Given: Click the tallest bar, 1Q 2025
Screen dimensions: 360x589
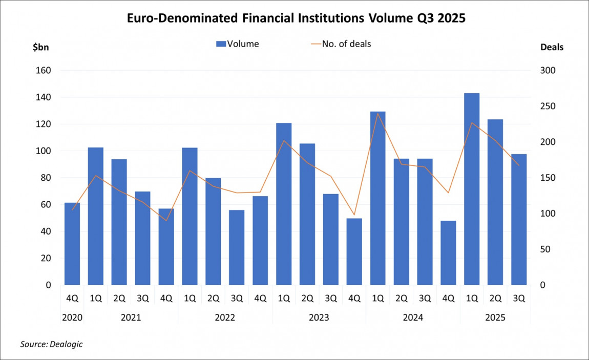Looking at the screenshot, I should click(472, 189).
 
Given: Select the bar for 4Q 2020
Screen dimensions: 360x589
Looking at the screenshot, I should click(72, 244).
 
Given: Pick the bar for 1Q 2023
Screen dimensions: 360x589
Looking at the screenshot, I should click(284, 204).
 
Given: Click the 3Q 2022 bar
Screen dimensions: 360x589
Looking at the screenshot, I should click(237, 247).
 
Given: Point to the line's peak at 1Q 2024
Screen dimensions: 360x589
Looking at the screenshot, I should click(378, 113).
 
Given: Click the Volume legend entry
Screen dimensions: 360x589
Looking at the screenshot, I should click(238, 44).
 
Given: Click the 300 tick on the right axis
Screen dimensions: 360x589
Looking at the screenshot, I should click(548, 71).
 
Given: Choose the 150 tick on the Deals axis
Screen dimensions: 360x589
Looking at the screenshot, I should click(548, 178).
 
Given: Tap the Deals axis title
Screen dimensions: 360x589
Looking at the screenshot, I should click(552, 47).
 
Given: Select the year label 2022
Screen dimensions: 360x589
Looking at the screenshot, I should click(225, 318).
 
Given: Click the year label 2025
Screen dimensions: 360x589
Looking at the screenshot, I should click(495, 318).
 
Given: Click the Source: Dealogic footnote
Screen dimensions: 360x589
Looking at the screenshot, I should click(51, 344).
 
